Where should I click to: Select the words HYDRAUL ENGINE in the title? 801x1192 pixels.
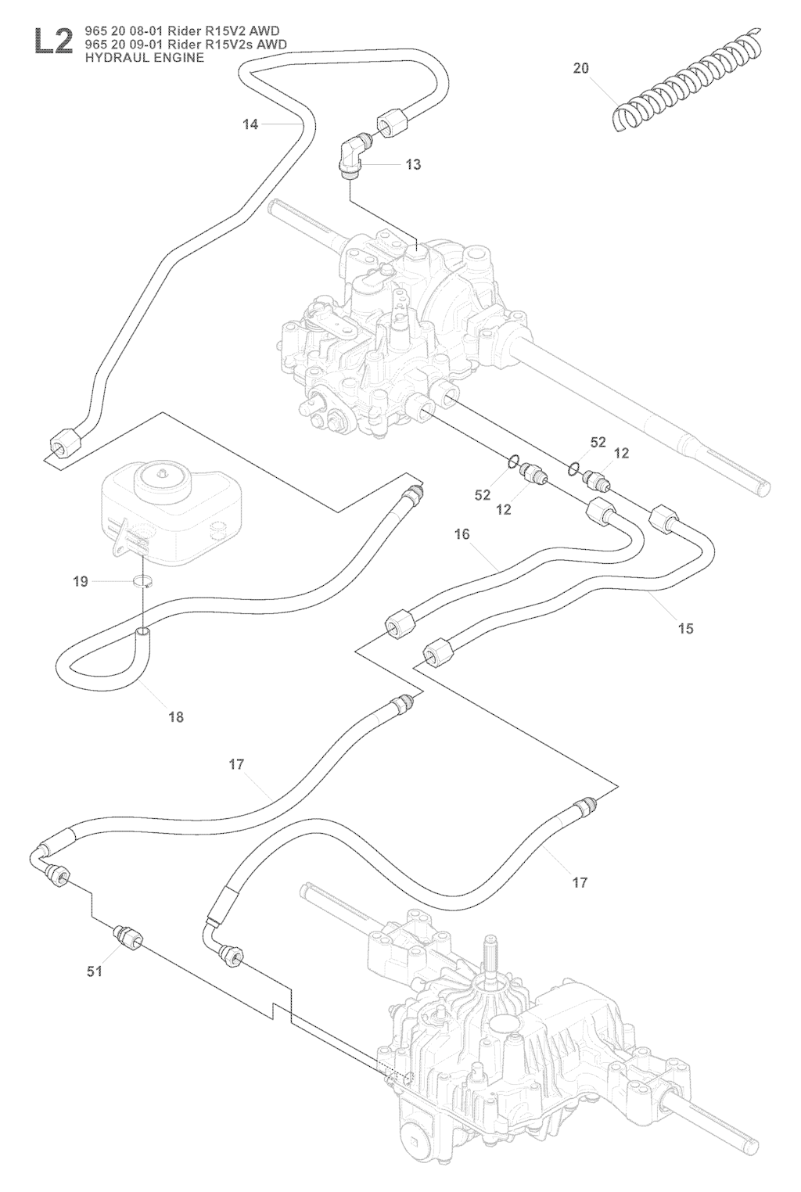click(138, 57)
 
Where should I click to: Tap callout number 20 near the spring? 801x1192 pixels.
click(580, 68)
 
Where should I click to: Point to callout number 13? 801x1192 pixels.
click(413, 164)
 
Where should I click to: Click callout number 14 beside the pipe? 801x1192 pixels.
click(250, 124)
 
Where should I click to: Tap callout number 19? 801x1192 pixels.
click(81, 581)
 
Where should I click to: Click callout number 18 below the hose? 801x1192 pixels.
click(176, 716)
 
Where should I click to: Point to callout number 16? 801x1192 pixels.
click(462, 534)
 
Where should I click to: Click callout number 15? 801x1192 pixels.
click(685, 628)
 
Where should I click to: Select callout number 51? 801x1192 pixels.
click(95, 971)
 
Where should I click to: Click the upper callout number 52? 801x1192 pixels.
click(598, 443)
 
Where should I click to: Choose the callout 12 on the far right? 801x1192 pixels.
click(622, 454)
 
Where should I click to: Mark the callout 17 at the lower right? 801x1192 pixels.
click(580, 882)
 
